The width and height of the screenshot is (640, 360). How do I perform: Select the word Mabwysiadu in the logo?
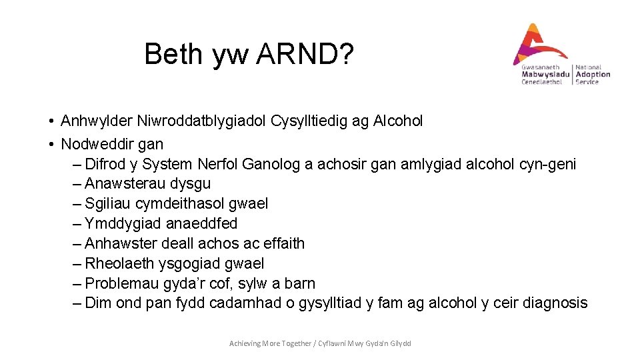point(545,74)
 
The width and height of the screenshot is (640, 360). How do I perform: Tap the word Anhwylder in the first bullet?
point(96,121)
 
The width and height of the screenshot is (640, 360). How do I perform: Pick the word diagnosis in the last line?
point(555,303)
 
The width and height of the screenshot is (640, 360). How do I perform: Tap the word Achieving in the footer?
point(245,343)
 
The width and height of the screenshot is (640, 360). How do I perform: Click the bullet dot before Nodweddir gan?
point(51,144)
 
